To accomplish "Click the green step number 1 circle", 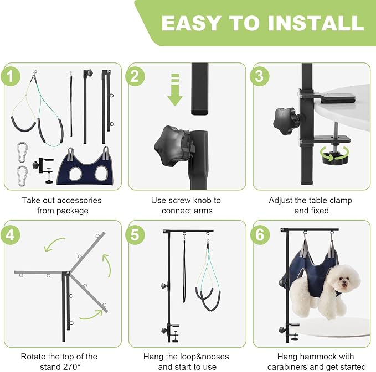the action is (x=11, y=76).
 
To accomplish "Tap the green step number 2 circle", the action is (x=135, y=76).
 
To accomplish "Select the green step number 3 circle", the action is (x=260, y=76).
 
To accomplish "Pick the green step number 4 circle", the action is (x=11, y=235).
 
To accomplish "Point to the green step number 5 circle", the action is (x=135, y=235).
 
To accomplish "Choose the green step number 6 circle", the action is (x=260, y=235).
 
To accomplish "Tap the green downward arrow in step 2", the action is (x=175, y=90).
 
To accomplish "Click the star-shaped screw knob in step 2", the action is (x=172, y=146).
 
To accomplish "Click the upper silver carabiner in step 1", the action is (x=22, y=152).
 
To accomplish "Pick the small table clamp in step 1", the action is (x=43, y=170).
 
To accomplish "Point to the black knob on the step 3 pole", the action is (x=286, y=120).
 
